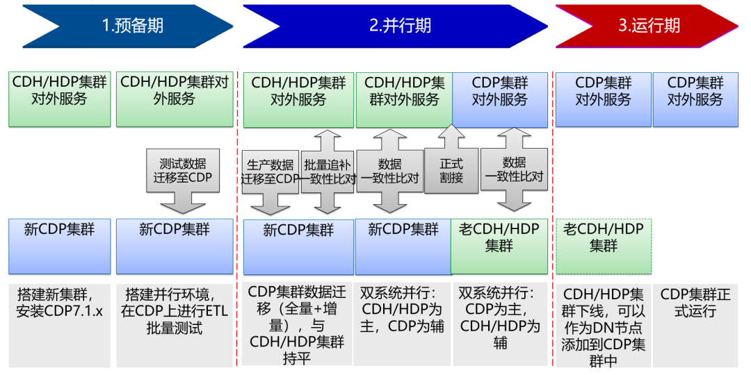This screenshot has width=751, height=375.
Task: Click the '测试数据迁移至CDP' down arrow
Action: coord(184,176)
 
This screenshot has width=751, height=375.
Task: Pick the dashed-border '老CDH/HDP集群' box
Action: coord(603,246)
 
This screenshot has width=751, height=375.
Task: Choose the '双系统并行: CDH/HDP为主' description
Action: coord(403,322)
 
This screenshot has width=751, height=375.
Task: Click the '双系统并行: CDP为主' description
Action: coord(499,322)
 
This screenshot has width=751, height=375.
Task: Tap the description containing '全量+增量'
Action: coord(298,322)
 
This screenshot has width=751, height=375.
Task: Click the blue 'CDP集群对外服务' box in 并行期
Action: coord(499,99)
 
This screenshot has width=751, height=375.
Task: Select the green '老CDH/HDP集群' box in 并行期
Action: coord(499,246)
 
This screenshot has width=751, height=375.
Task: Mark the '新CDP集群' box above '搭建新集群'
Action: coord(60,246)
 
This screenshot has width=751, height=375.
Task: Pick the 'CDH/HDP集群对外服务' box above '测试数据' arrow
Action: coord(174,99)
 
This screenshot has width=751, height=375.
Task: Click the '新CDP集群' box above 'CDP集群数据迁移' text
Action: coord(298,247)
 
